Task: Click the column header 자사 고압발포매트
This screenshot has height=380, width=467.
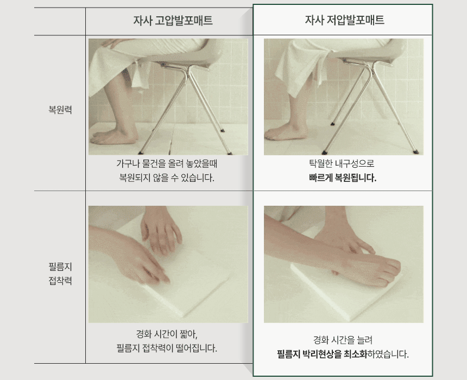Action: click(173, 21)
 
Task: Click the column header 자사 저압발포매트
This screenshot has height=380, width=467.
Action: click(344, 20)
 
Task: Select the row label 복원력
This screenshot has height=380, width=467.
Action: click(60, 110)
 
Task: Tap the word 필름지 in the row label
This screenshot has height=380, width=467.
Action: click(60, 267)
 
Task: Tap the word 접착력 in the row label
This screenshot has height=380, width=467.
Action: click(60, 281)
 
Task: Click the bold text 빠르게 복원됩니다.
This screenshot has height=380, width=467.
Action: click(343, 178)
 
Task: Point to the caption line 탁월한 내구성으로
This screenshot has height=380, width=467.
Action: click(342, 163)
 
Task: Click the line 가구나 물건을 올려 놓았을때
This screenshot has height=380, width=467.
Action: click(167, 163)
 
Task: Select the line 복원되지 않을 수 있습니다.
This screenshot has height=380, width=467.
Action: click(167, 178)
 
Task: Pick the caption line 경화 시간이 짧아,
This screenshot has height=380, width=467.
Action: click(167, 334)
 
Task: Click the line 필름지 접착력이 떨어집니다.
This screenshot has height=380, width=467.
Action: click(167, 348)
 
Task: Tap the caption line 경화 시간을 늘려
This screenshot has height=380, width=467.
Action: click(343, 340)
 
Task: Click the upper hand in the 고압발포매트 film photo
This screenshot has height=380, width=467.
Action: click(160, 229)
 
